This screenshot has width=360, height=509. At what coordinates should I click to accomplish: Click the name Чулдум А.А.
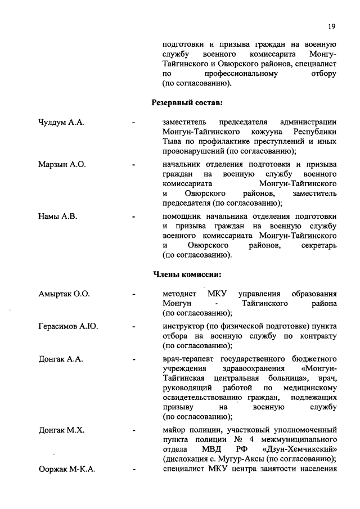coord(61,122)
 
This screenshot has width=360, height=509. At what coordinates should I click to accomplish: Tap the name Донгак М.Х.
coord(61,430)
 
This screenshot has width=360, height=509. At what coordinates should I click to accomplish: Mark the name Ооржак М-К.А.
coord(66,470)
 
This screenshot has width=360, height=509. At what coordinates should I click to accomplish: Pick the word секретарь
coord(318,246)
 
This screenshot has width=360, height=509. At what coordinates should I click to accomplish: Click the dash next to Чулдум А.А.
coord(133,122)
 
